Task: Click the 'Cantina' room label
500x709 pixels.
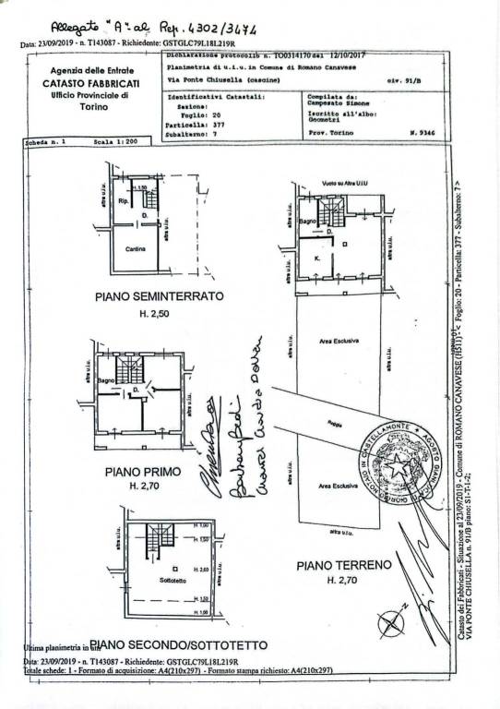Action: coord(137,250)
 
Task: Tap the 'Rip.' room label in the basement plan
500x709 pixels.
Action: coord(123,198)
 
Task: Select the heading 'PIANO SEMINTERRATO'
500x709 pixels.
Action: coord(159,297)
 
